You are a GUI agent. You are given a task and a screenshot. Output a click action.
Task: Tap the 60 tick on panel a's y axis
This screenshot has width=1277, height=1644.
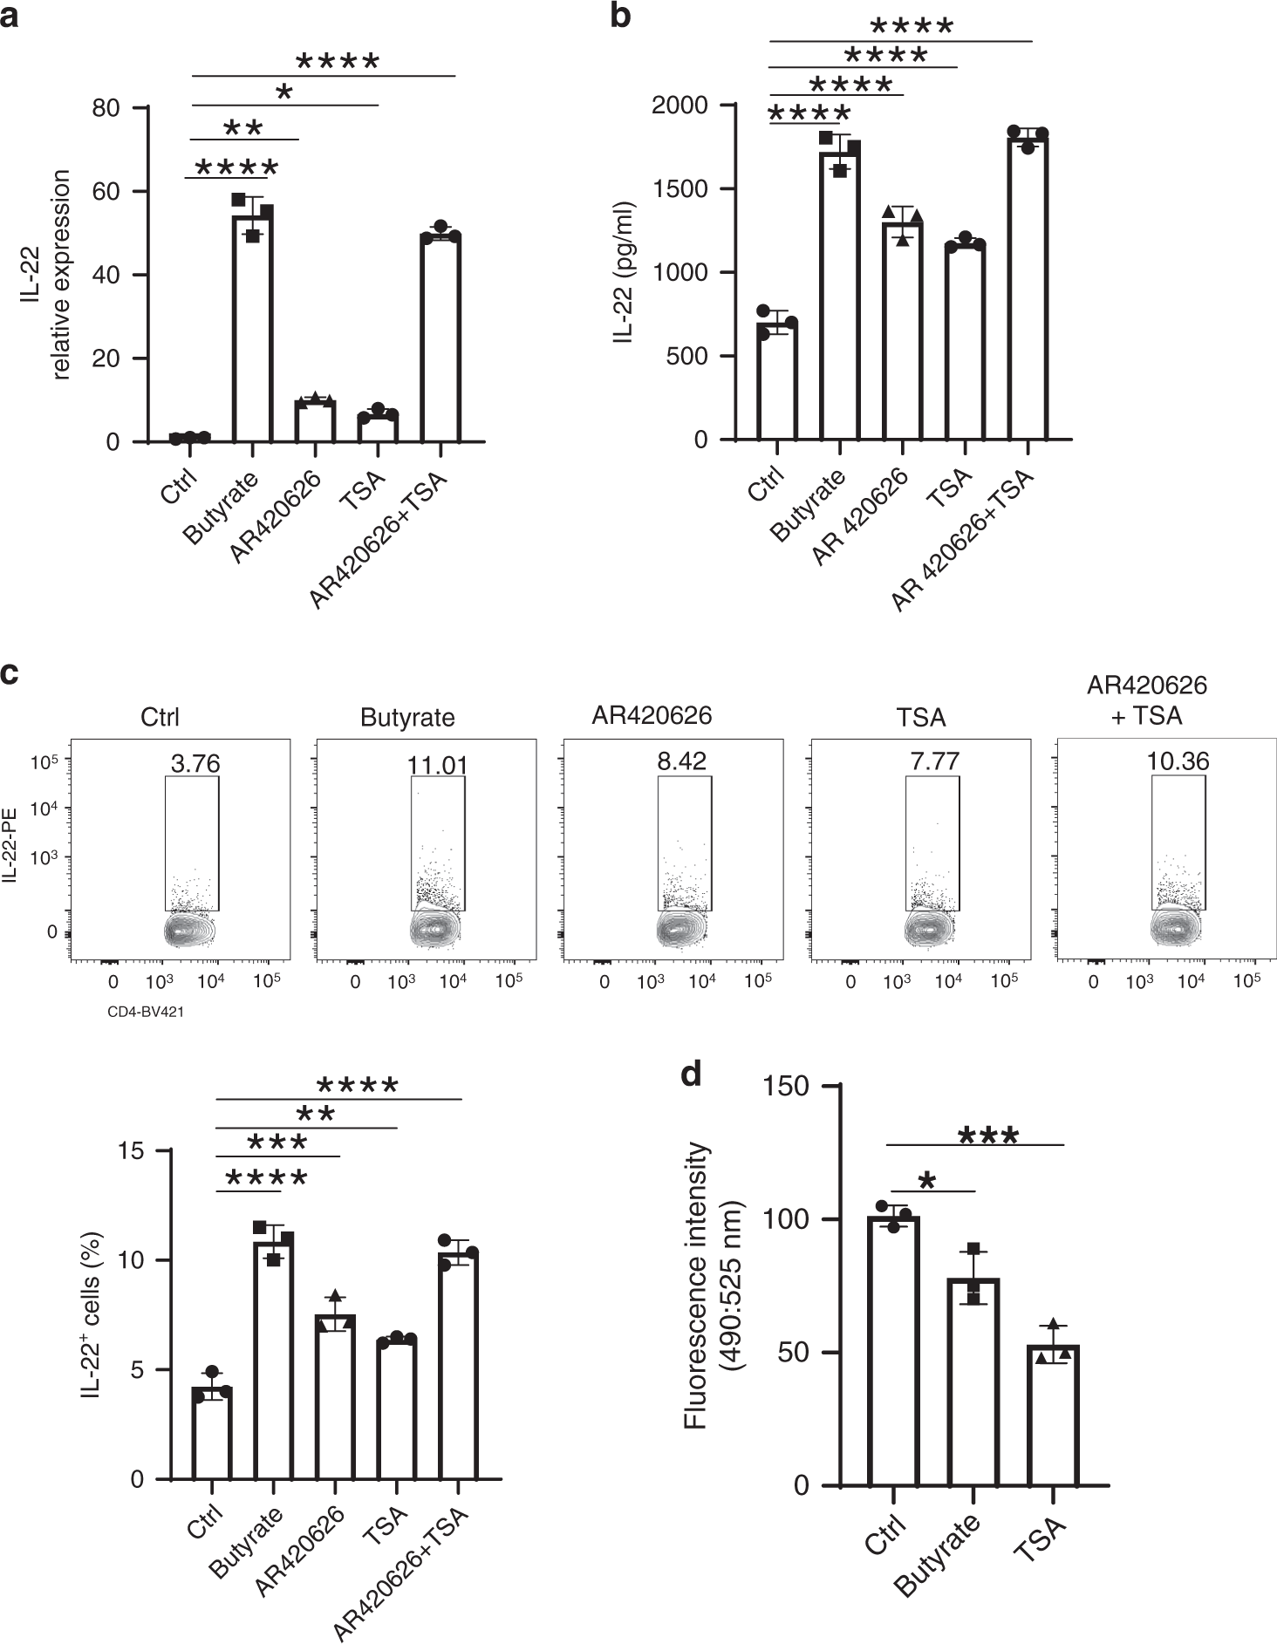107,192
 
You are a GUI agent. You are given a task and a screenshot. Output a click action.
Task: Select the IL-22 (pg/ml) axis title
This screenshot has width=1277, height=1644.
625,272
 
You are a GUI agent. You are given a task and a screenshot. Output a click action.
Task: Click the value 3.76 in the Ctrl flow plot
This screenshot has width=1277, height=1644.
195,764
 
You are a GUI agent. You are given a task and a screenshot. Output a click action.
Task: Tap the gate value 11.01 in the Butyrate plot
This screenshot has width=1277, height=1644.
437,766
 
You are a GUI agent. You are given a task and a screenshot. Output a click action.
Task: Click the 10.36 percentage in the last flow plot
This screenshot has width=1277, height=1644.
1178,761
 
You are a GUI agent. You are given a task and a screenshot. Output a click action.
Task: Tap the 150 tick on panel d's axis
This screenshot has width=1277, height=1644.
786,1087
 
